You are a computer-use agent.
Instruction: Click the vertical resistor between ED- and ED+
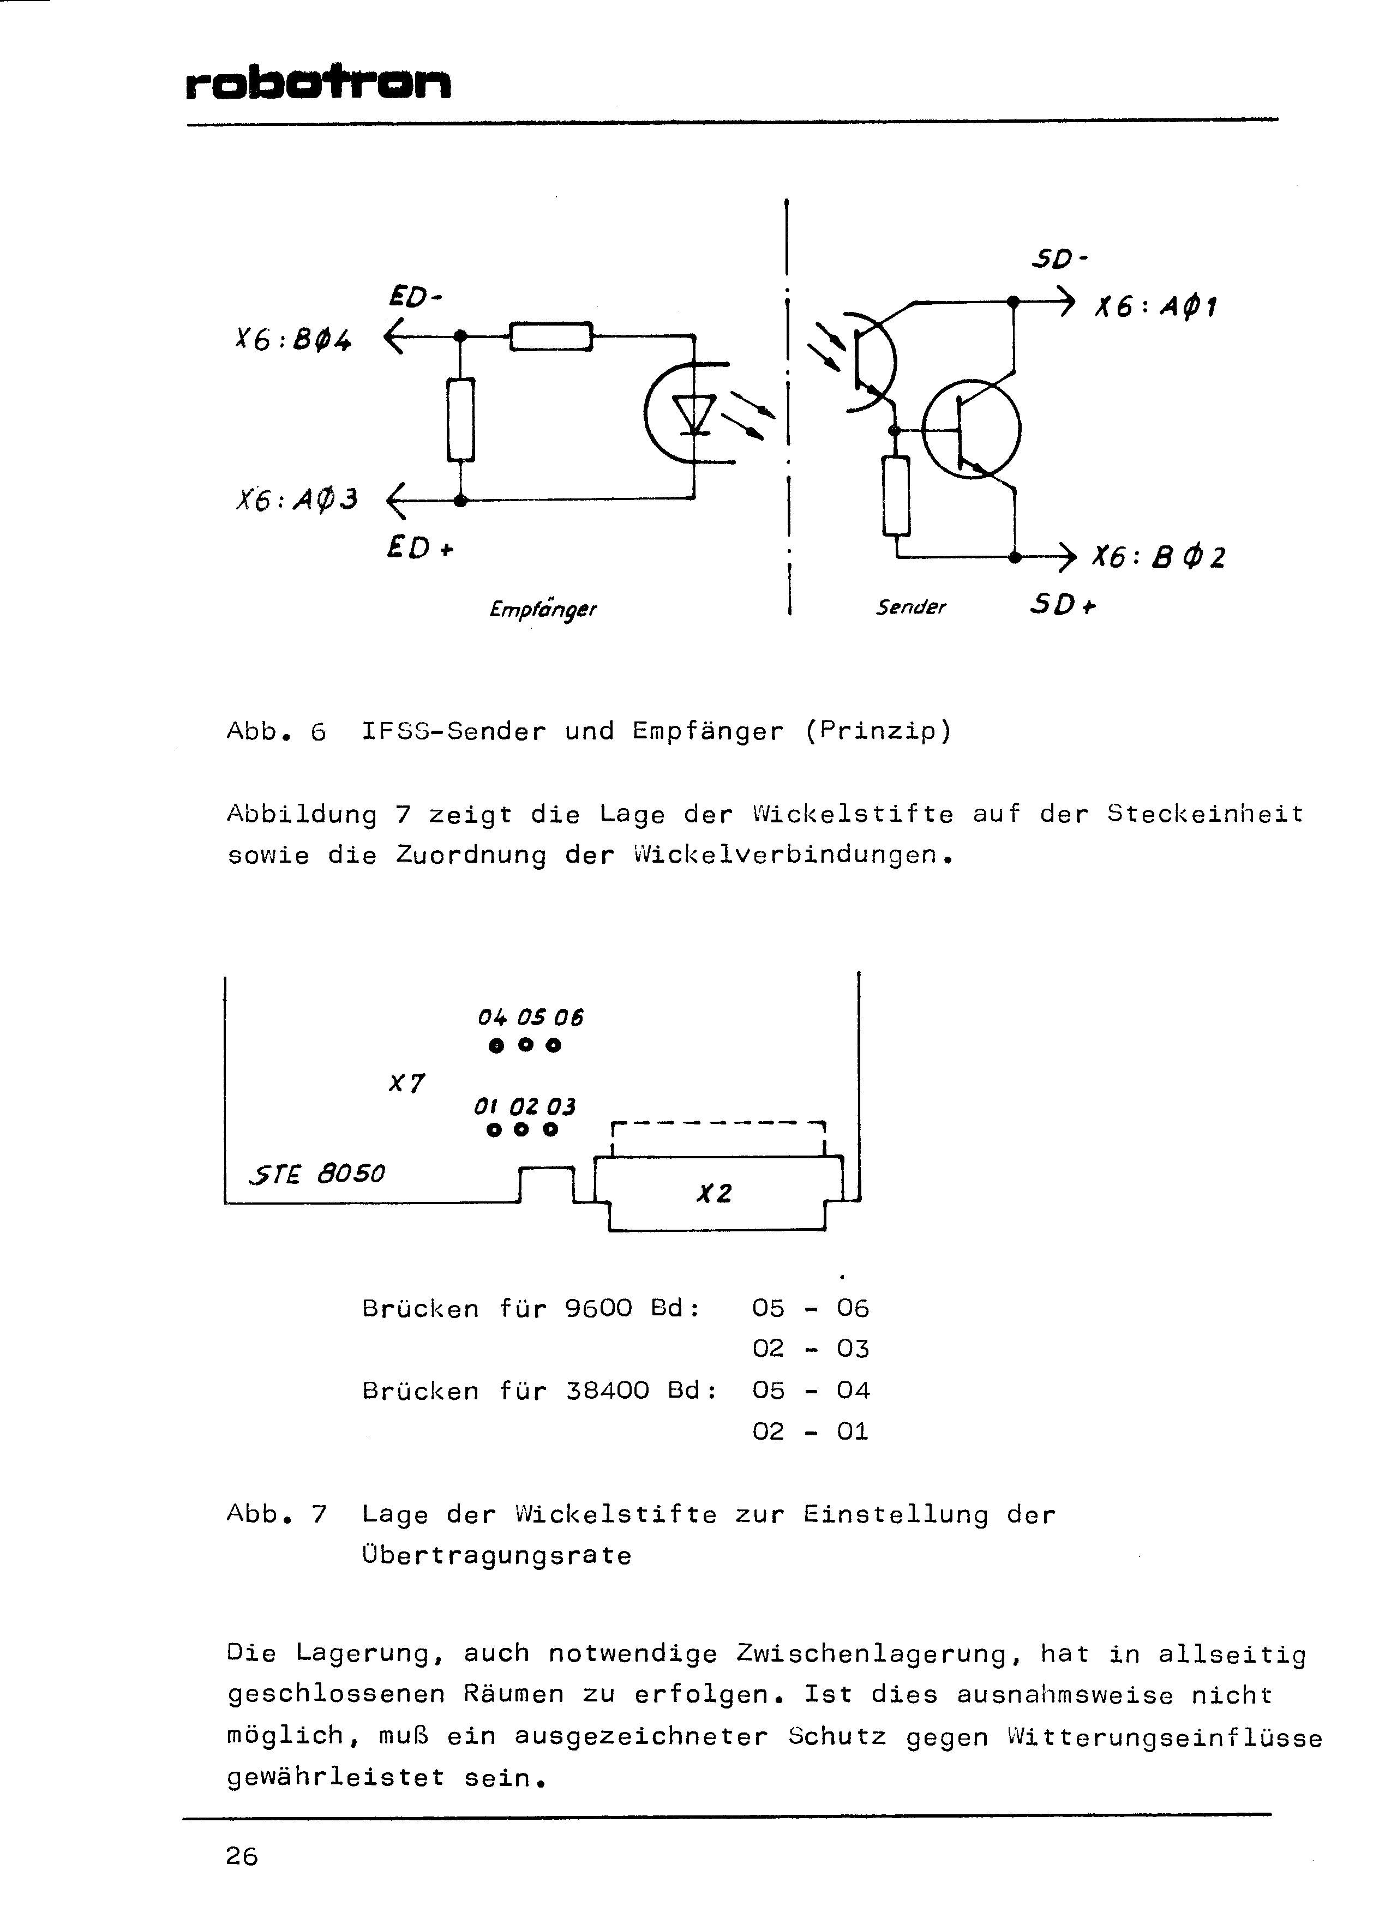pyautogui.click(x=460, y=420)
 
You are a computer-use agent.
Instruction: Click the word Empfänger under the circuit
pyautogui.click(x=542, y=609)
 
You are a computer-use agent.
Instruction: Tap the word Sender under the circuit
pyautogui.click(x=910, y=606)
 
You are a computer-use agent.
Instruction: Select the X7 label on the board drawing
pyautogui.click(x=406, y=1083)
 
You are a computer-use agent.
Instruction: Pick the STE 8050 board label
pyautogui.click(x=316, y=1174)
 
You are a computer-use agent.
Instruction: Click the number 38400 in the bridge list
pyautogui.click(x=607, y=1390)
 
